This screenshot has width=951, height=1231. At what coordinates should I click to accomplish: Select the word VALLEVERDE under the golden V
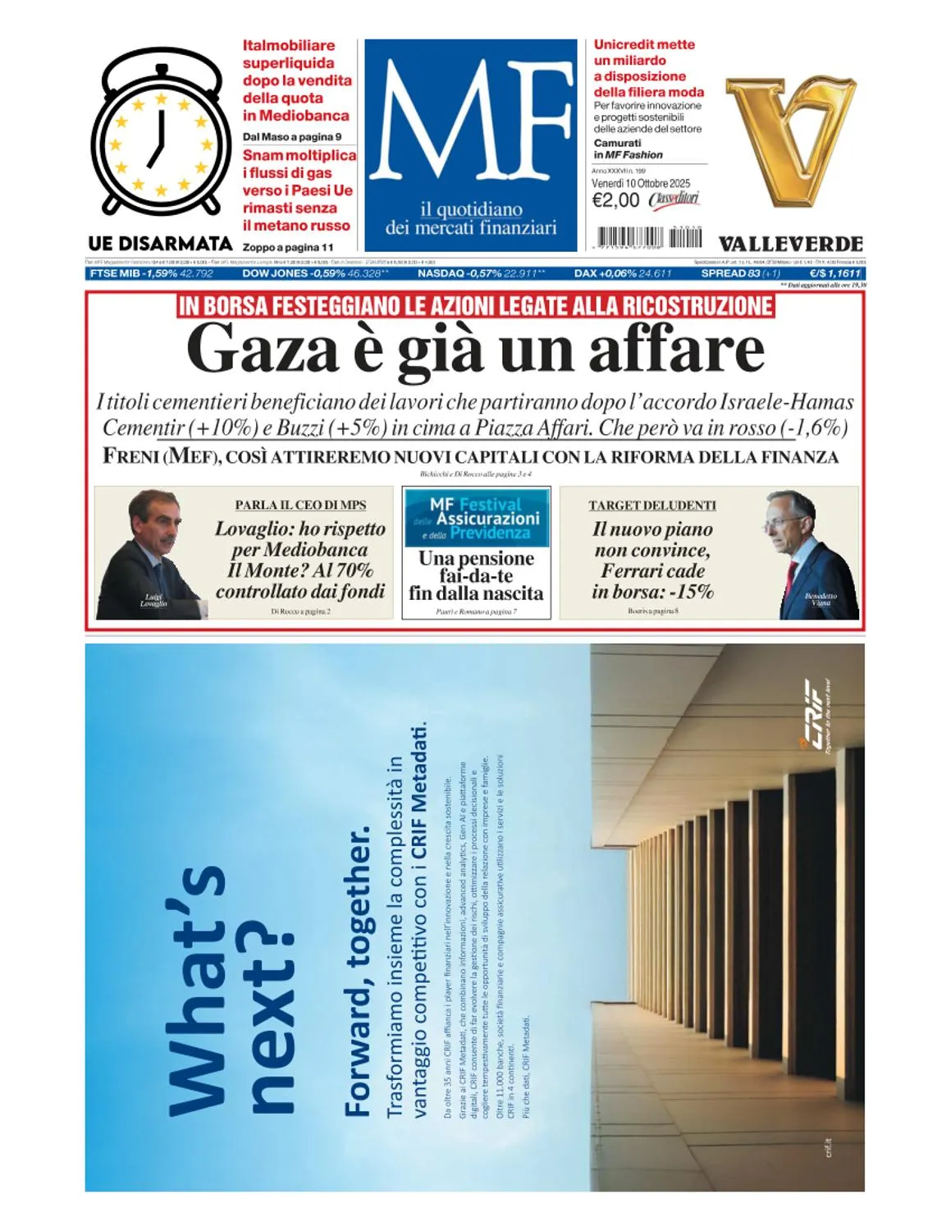click(x=790, y=244)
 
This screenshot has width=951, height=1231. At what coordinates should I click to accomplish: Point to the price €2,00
click(x=615, y=200)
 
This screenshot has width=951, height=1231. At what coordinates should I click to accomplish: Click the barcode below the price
click(x=649, y=237)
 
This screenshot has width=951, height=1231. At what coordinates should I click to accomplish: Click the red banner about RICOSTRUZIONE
click(x=476, y=306)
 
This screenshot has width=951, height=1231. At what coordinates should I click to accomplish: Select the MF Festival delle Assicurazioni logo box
click(x=476, y=518)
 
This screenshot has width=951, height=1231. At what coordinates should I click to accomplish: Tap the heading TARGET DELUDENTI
click(x=652, y=506)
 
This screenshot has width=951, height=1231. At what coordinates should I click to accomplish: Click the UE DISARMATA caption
click(x=161, y=244)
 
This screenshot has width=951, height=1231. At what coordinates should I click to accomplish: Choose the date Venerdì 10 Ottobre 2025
click(x=641, y=183)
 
